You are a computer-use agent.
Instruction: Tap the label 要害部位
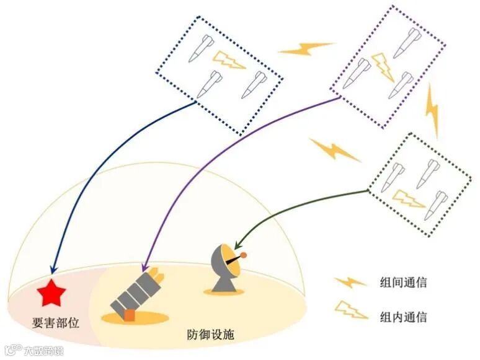click(56, 323)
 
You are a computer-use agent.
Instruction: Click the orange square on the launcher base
click(129, 315)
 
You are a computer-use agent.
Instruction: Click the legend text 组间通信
click(404, 283)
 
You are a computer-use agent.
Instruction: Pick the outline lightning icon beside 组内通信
click(351, 310)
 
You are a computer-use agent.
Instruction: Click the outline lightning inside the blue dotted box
click(229, 60)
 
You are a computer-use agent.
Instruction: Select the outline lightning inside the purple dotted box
click(383, 66)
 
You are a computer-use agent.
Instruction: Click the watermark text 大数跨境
click(43, 351)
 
